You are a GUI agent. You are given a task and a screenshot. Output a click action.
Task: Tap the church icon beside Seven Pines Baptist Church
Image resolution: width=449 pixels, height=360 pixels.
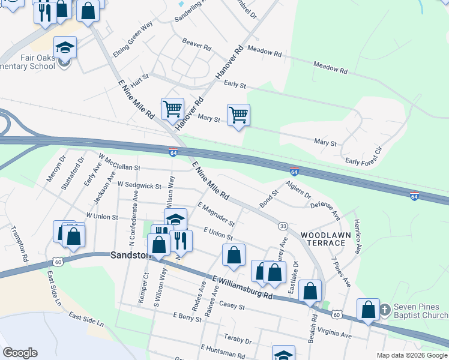385,310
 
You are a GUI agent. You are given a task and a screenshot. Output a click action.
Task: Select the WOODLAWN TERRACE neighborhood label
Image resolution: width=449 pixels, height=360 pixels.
322,238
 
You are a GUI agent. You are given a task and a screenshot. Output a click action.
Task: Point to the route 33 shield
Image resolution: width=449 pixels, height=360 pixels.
282,226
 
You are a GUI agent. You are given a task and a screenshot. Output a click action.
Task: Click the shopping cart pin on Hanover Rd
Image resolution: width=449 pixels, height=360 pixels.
172,109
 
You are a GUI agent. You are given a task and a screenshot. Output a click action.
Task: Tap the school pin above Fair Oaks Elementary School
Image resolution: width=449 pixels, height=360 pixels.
65,46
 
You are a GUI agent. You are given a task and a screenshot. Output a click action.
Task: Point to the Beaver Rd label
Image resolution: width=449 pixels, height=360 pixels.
197,44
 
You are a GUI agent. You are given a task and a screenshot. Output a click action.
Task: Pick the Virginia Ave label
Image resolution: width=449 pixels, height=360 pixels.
330,332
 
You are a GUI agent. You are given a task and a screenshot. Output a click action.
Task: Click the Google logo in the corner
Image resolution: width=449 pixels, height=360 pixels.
20,353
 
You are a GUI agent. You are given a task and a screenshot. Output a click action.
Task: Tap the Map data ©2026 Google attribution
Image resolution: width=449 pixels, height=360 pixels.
412,355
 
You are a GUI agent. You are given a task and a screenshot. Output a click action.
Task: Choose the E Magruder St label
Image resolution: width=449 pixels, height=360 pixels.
215,214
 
